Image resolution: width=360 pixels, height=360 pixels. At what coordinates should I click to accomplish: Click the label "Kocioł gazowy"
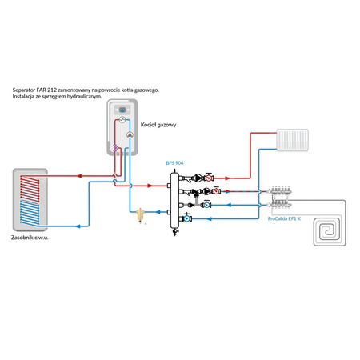click(x=158, y=125)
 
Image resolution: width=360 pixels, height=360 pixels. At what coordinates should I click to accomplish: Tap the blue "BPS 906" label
click(x=174, y=163)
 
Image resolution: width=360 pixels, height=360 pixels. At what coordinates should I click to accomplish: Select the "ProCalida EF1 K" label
click(x=284, y=218)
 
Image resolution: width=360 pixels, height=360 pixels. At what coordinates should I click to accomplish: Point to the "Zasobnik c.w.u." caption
click(x=30, y=238)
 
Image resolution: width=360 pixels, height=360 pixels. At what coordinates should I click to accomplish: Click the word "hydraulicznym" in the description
click(x=84, y=97)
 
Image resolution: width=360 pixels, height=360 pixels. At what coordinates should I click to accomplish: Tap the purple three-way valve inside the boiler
click(x=115, y=147)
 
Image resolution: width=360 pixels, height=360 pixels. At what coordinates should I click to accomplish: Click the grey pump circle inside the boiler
click(x=130, y=135)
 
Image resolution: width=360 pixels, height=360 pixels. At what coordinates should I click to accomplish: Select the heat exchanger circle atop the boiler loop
click(x=122, y=120)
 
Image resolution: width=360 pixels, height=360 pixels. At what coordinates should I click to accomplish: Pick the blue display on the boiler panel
click(x=122, y=110)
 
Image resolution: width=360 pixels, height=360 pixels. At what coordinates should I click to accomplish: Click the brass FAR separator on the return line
click(x=140, y=215)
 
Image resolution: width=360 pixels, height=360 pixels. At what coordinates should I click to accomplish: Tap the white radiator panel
click(x=293, y=140)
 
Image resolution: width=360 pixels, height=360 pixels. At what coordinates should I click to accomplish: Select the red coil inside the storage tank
click(x=30, y=188)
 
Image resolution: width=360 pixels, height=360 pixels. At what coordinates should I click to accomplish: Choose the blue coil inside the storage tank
click(x=30, y=213)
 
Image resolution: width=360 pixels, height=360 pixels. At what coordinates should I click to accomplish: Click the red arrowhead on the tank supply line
click(x=79, y=176)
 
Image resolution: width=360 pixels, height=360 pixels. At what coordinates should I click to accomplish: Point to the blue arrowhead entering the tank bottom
click(x=78, y=226)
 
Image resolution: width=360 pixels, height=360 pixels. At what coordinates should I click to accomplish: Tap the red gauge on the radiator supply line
click(x=209, y=178)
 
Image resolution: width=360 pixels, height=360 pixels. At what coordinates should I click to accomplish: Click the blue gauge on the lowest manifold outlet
click(x=187, y=218)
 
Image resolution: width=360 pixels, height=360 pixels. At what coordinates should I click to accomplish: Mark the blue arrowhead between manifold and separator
click(x=158, y=212)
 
